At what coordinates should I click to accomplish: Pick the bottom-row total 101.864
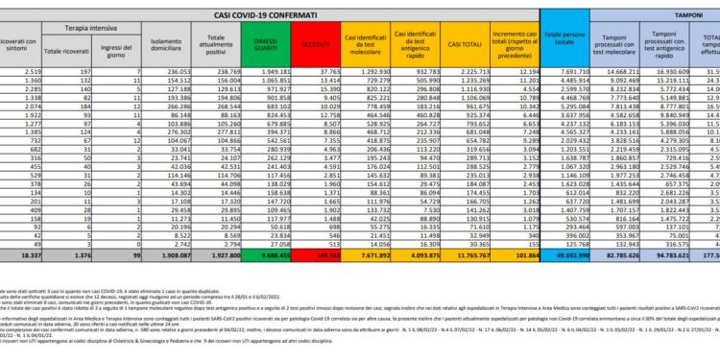tap(512, 257)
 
